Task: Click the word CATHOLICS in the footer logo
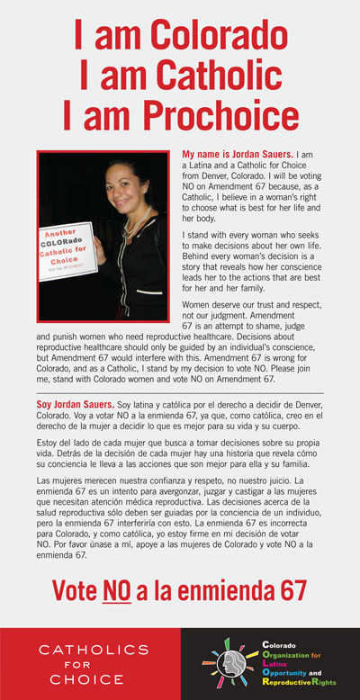point(86,649)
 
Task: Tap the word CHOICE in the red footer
point(86,679)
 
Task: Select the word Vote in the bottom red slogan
point(76,590)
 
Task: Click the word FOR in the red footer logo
point(86,664)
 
